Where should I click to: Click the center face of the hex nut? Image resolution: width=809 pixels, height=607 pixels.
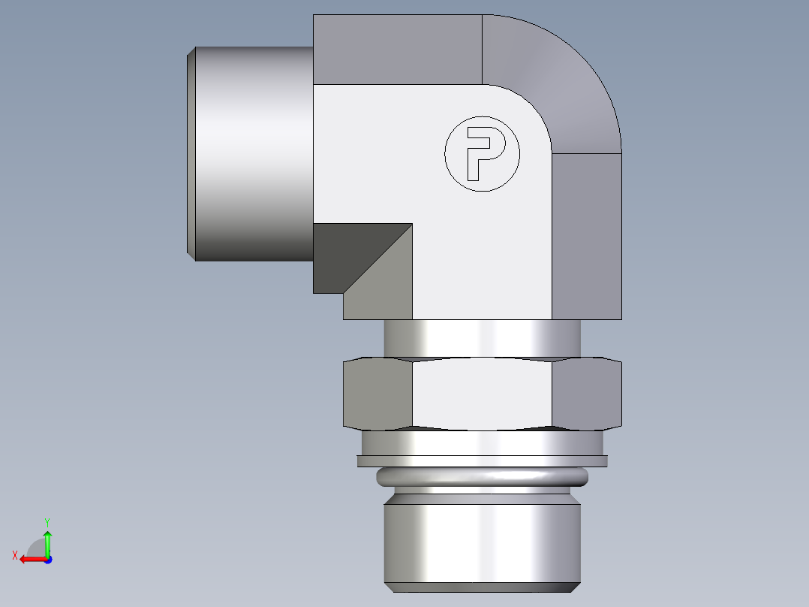(482, 394)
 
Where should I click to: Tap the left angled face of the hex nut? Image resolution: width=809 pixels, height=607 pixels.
(377, 392)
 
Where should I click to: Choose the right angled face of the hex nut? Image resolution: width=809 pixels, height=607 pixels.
(586, 392)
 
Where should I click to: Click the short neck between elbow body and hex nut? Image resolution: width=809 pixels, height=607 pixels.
(482, 337)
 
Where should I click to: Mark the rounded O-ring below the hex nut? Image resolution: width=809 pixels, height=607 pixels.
(482, 476)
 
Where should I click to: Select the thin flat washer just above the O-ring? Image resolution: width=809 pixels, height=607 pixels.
(482, 461)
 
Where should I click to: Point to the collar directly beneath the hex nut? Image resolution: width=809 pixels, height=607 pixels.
(482, 442)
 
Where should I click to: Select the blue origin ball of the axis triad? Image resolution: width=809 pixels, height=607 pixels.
(47, 560)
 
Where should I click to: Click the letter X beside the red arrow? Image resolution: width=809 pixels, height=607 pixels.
(14, 555)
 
